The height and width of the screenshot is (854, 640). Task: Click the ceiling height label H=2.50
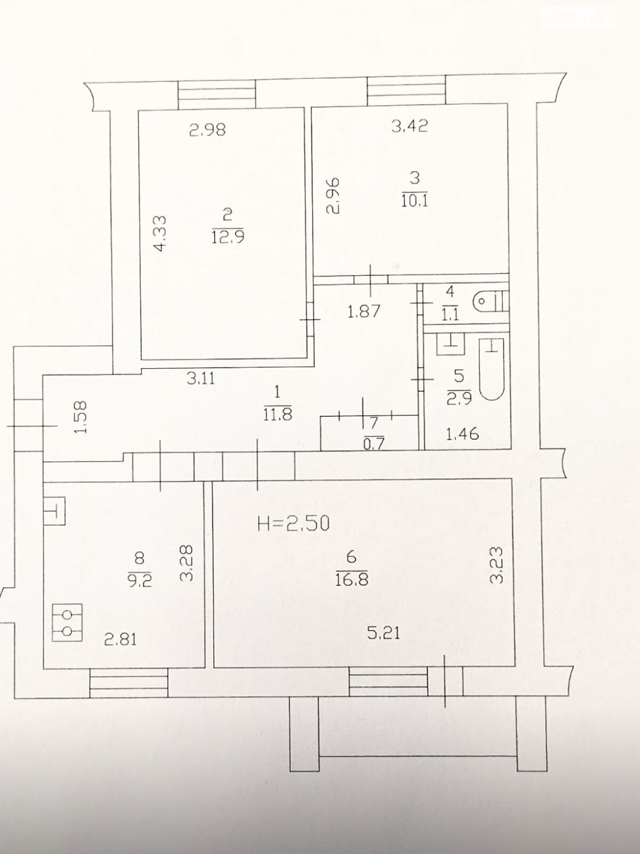coord(293,524)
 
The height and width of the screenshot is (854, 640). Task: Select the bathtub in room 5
coord(492,369)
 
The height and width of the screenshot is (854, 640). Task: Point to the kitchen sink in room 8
coord(54,511)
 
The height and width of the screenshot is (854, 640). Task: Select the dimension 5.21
coord(383,634)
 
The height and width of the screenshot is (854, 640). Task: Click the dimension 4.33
coord(160,234)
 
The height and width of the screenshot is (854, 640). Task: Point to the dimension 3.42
coord(410,126)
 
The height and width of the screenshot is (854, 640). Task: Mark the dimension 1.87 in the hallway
coord(364,312)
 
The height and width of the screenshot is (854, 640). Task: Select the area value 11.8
coord(277,414)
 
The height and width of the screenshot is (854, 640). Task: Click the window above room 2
coord(217,94)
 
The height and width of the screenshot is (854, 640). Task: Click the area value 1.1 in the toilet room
coord(450,314)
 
